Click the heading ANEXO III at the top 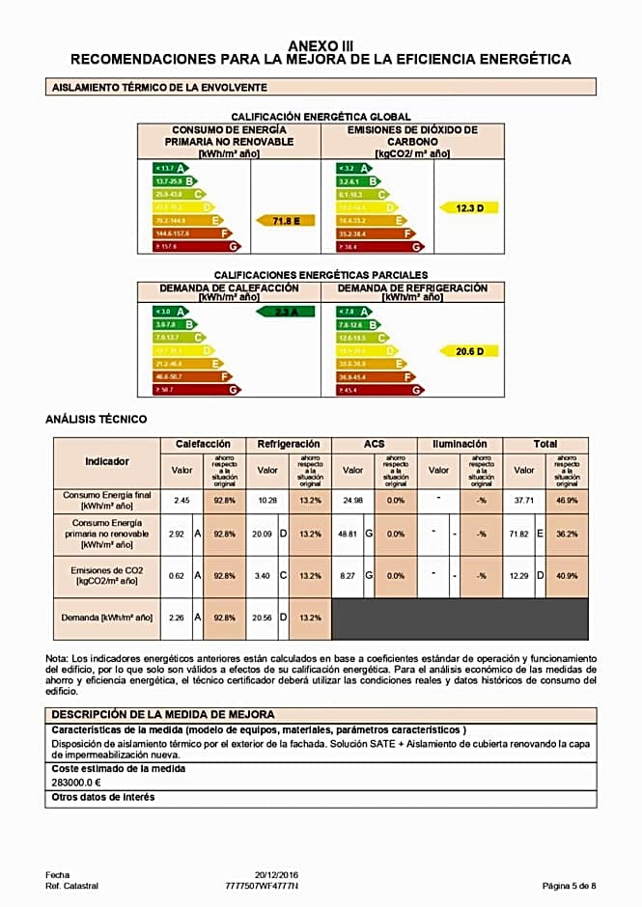tap(321, 45)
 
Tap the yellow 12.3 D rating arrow tap(469, 207)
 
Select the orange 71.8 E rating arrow tap(286, 221)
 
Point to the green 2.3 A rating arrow tap(285, 312)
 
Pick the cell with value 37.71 tap(523, 500)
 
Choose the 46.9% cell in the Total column tap(567, 500)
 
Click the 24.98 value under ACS tap(352, 500)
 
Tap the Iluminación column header tap(460, 444)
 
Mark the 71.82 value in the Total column tap(522, 534)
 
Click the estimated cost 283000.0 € tap(76, 783)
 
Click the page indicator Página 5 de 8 tap(569, 885)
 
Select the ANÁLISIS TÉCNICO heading tap(97, 420)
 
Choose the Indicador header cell tap(106, 461)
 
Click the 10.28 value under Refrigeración tap(266, 500)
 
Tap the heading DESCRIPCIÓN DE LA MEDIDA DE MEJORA tap(163, 714)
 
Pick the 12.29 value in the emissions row tap(522, 575)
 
